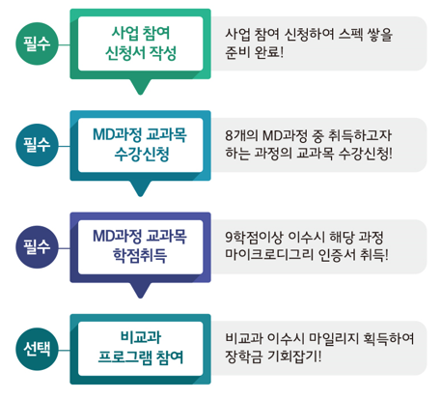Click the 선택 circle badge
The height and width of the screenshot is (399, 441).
pos(37,349)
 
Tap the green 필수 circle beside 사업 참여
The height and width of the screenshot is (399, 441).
pos(37,43)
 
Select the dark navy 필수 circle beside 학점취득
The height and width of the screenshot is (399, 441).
pos(37,247)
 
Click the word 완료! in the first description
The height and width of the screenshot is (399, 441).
pos(269,52)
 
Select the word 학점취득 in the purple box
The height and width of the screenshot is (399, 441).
pos(140,256)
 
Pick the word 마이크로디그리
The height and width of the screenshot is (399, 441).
pos(269,255)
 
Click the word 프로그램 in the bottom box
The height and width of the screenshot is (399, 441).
pos(124,357)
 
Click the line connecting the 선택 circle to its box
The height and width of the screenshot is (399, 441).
pos(65,350)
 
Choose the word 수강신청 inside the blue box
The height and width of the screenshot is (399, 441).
pos(142,155)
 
